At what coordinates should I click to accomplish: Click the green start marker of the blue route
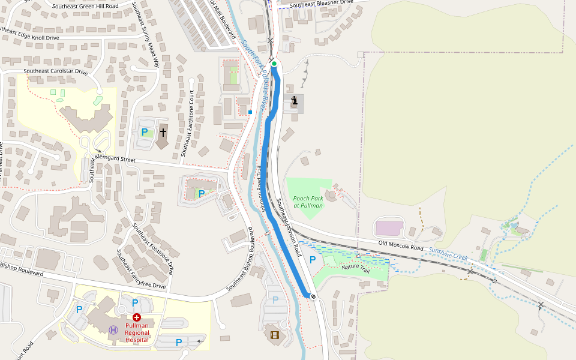pyautogui.click(x=274, y=64)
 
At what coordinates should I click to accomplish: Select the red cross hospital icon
pyautogui.click(x=137, y=317)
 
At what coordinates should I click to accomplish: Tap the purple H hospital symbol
pyautogui.click(x=113, y=329)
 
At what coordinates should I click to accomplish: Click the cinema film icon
pyautogui.click(x=275, y=335)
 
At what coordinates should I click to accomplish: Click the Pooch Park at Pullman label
pyautogui.click(x=308, y=202)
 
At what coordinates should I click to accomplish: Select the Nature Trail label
pyautogui.click(x=356, y=269)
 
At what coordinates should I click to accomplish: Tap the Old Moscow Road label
pyautogui.click(x=401, y=245)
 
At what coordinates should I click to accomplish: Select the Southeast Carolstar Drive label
pyautogui.click(x=56, y=71)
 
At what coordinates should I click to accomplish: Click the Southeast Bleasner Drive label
pyautogui.click(x=321, y=4)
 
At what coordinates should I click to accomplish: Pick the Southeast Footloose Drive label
pyautogui.click(x=153, y=248)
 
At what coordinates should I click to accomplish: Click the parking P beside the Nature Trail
pyautogui.click(x=312, y=260)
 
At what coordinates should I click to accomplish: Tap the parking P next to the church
pyautogui.click(x=144, y=131)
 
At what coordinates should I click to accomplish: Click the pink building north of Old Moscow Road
pyautogui.click(x=389, y=228)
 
